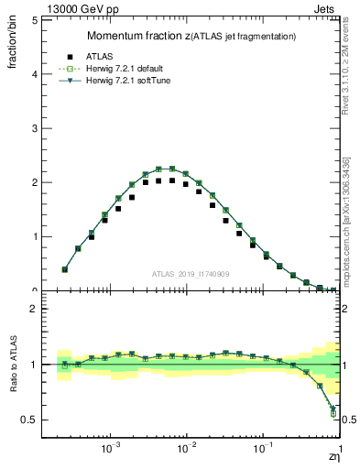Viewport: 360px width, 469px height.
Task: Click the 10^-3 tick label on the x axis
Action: [112, 450]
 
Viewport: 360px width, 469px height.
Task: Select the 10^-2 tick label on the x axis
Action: [187, 450]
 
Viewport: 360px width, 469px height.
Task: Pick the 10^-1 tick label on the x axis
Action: [264, 450]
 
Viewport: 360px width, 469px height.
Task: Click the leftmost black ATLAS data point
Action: [64, 269]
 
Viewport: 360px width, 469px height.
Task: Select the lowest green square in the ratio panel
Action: [333, 413]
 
